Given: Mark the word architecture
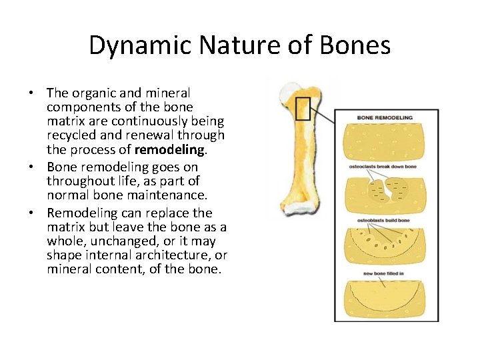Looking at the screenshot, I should tap(171, 255).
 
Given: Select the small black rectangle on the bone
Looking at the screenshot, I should tap(303, 108).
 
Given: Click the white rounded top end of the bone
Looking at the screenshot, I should tap(293, 87).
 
